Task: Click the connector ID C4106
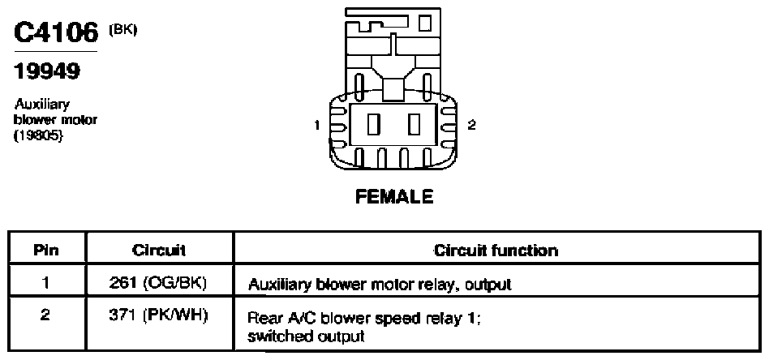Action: tap(56, 33)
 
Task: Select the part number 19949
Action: tap(47, 71)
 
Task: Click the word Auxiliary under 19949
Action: tap(41, 105)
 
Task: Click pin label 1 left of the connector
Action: tap(317, 126)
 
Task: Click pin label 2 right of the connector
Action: tap(471, 125)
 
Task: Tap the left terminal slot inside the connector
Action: tap(374, 124)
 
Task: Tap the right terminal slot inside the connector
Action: tap(415, 124)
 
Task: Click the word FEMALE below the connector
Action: tap(394, 197)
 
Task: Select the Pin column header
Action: tap(46, 251)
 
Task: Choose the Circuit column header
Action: tap(159, 251)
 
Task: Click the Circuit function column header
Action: tap(496, 251)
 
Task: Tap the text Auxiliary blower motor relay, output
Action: tap(380, 285)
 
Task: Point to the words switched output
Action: tap(307, 337)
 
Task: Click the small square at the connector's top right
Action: tap(425, 23)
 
